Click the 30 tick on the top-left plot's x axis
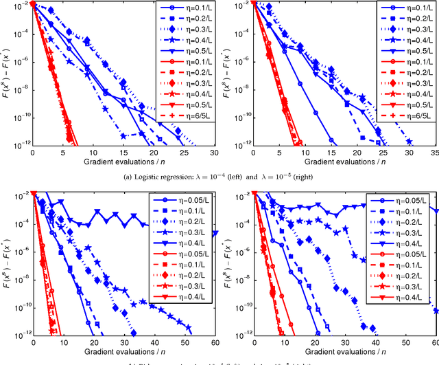[214, 153]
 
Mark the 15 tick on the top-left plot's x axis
[123, 153]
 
